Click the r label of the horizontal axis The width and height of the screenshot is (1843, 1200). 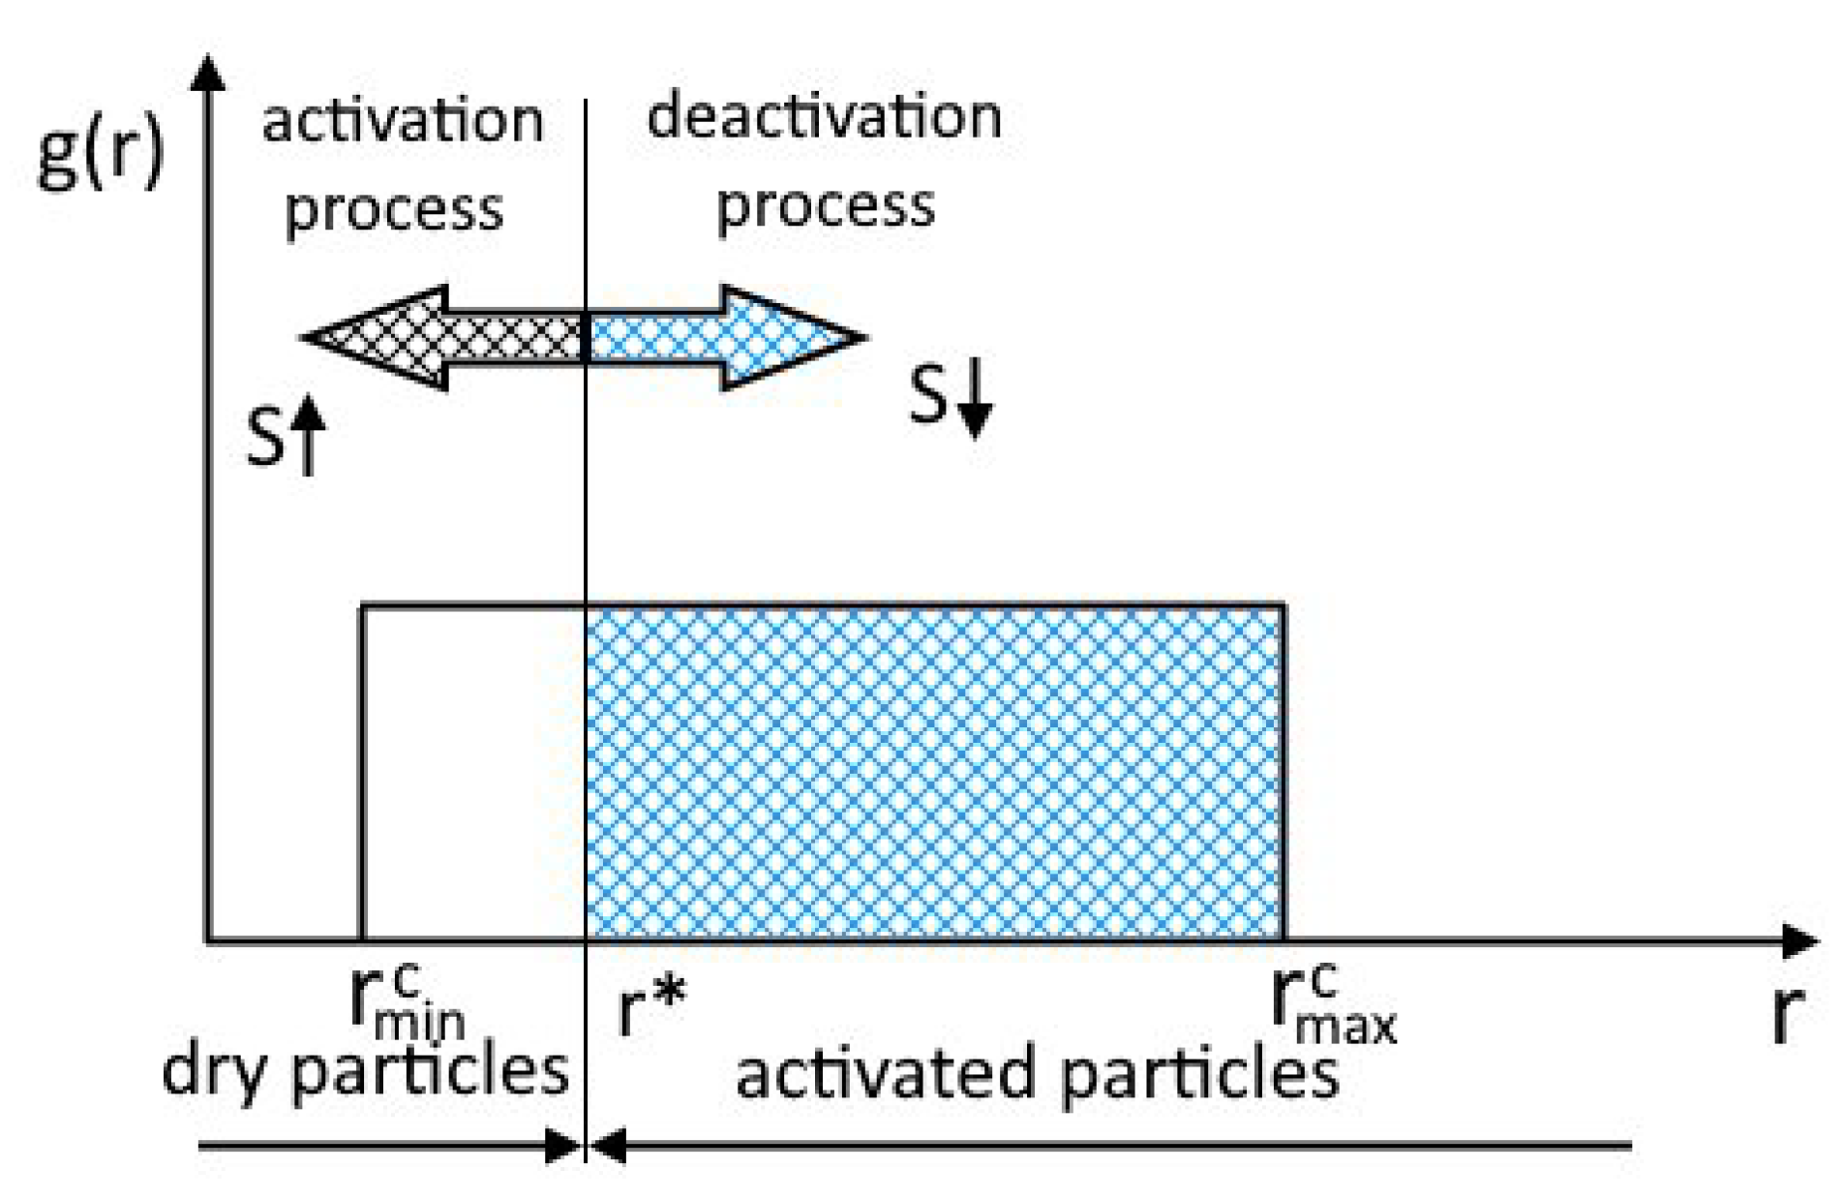pos(1788,1014)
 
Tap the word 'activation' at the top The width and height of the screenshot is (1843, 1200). pos(403,121)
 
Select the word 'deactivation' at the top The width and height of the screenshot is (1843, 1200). pos(824,116)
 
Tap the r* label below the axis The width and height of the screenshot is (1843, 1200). pos(650,1007)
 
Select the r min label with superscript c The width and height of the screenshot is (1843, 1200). pos(405,1002)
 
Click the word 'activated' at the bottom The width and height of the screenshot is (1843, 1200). pos(888,1074)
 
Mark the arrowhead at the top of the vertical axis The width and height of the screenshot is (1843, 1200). pos(208,74)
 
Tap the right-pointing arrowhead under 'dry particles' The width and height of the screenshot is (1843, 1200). pos(562,1147)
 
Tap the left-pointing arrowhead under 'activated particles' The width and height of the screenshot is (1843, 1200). pos(608,1147)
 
